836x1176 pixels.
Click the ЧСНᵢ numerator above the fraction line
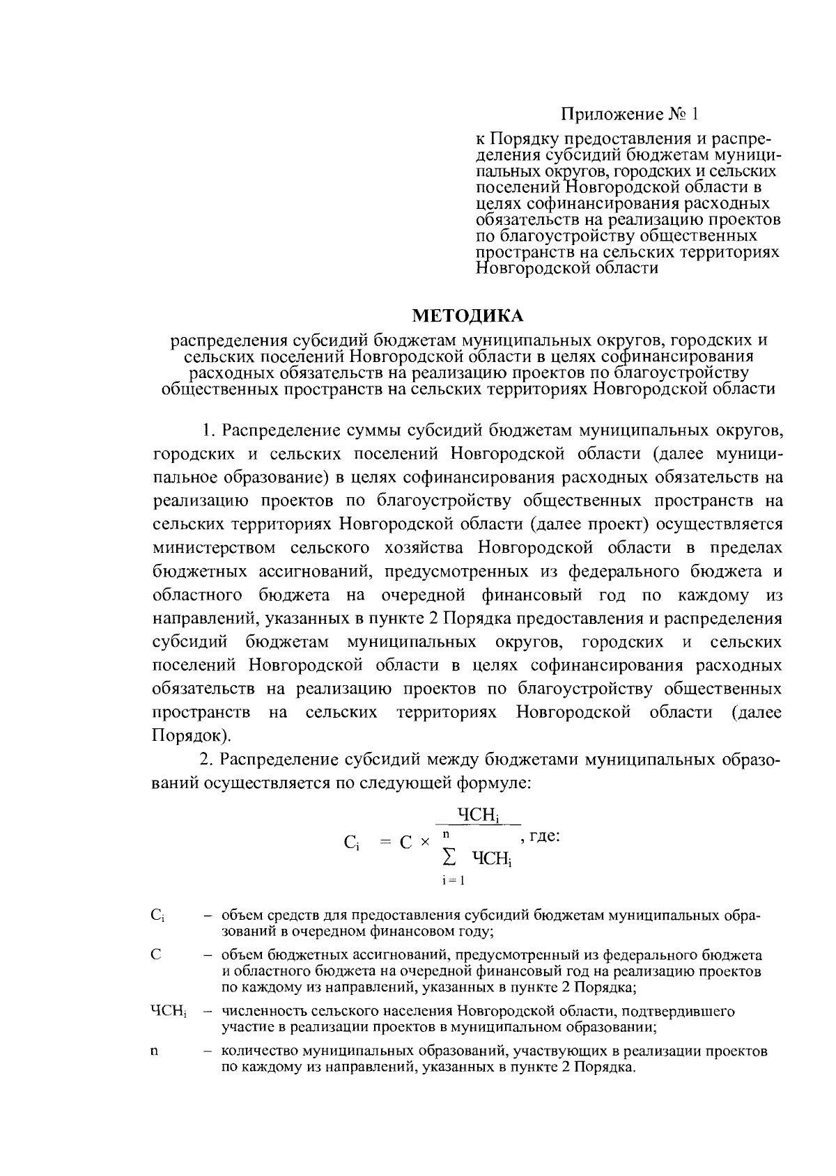(x=480, y=814)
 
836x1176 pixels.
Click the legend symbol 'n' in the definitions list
(x=154, y=1051)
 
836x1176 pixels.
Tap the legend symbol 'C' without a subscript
(x=155, y=955)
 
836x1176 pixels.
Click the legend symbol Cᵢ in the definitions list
(x=157, y=916)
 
